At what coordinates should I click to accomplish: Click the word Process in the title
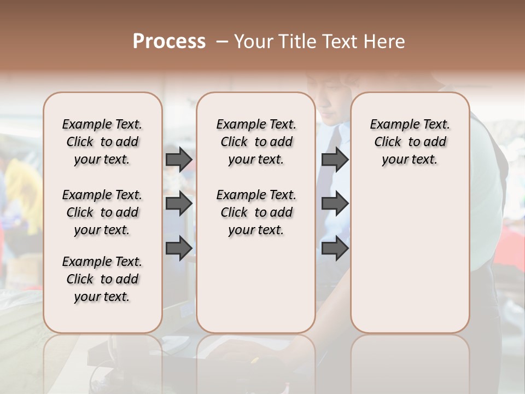click(x=168, y=42)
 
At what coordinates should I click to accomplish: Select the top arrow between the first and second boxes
click(x=179, y=159)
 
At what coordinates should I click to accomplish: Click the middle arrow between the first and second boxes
click(x=179, y=204)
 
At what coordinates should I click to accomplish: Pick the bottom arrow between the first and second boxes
click(x=179, y=248)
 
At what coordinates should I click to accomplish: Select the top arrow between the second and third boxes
click(x=335, y=159)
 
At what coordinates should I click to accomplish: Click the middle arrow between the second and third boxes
click(x=335, y=204)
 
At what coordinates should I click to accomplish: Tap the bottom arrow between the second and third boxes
click(x=335, y=248)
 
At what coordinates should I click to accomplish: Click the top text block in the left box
click(x=102, y=142)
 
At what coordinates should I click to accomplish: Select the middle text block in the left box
click(x=102, y=212)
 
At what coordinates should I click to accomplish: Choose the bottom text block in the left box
click(x=102, y=279)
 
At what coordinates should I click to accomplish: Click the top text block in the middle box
click(x=256, y=142)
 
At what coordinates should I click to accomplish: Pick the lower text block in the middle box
click(x=256, y=212)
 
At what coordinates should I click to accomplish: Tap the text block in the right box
click(x=410, y=142)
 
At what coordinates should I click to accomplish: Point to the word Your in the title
click(x=252, y=42)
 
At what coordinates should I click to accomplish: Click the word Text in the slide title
click(x=339, y=42)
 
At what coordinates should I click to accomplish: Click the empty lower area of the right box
click(x=410, y=257)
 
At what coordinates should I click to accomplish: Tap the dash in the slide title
click(x=221, y=42)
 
